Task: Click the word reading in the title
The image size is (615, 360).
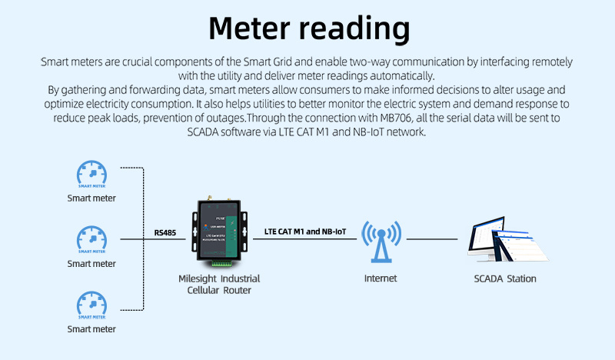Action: pos(354,30)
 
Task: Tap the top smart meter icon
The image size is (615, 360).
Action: pos(91,174)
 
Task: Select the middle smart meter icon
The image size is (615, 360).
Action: pos(91,239)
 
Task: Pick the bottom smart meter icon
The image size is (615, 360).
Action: pos(91,305)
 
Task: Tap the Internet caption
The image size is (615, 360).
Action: pos(381,278)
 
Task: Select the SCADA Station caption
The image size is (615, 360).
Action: pos(505,278)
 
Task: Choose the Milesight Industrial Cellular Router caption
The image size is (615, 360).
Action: pos(224,284)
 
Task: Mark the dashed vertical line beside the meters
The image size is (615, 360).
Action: pos(144,238)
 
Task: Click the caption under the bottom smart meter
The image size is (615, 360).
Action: pos(91,328)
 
